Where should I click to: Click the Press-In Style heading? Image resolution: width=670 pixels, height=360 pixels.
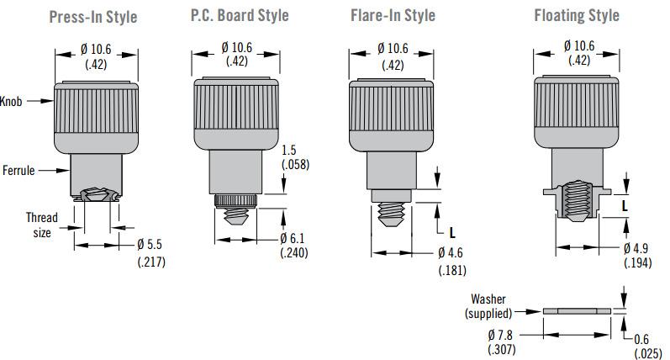click(x=93, y=17)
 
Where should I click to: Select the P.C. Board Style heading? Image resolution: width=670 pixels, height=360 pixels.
click(x=240, y=15)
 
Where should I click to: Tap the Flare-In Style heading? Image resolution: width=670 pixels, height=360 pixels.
click(x=393, y=15)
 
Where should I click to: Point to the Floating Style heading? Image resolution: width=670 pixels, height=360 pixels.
click(x=577, y=15)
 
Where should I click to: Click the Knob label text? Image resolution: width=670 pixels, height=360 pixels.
click(x=11, y=101)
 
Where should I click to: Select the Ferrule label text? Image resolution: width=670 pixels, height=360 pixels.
click(x=18, y=170)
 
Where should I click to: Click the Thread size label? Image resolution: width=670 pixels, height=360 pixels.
click(x=42, y=225)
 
